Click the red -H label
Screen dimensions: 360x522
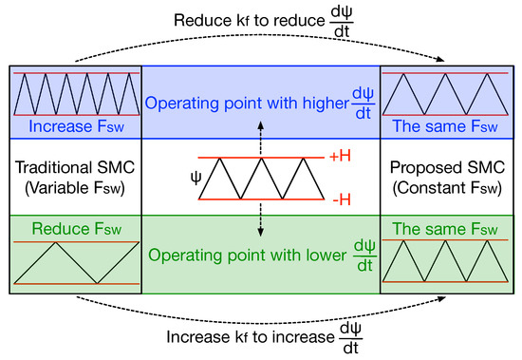[x=333, y=202]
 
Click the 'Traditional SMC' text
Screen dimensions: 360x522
[x=74, y=168]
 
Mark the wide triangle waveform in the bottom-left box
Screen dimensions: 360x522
[x=74, y=262]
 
